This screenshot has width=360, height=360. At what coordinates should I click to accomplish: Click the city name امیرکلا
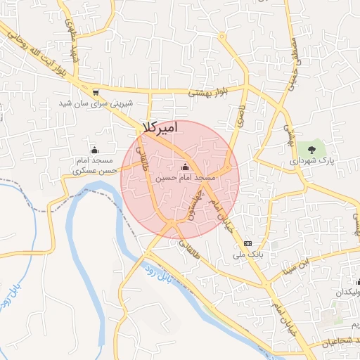click(x=160, y=127)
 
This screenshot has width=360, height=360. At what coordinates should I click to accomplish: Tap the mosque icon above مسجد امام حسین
click(x=186, y=167)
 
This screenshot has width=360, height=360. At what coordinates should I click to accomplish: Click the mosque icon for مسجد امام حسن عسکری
click(x=95, y=149)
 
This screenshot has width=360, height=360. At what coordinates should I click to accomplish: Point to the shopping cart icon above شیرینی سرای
click(x=95, y=91)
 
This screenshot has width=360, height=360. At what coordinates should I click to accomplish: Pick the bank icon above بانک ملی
click(x=247, y=243)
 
